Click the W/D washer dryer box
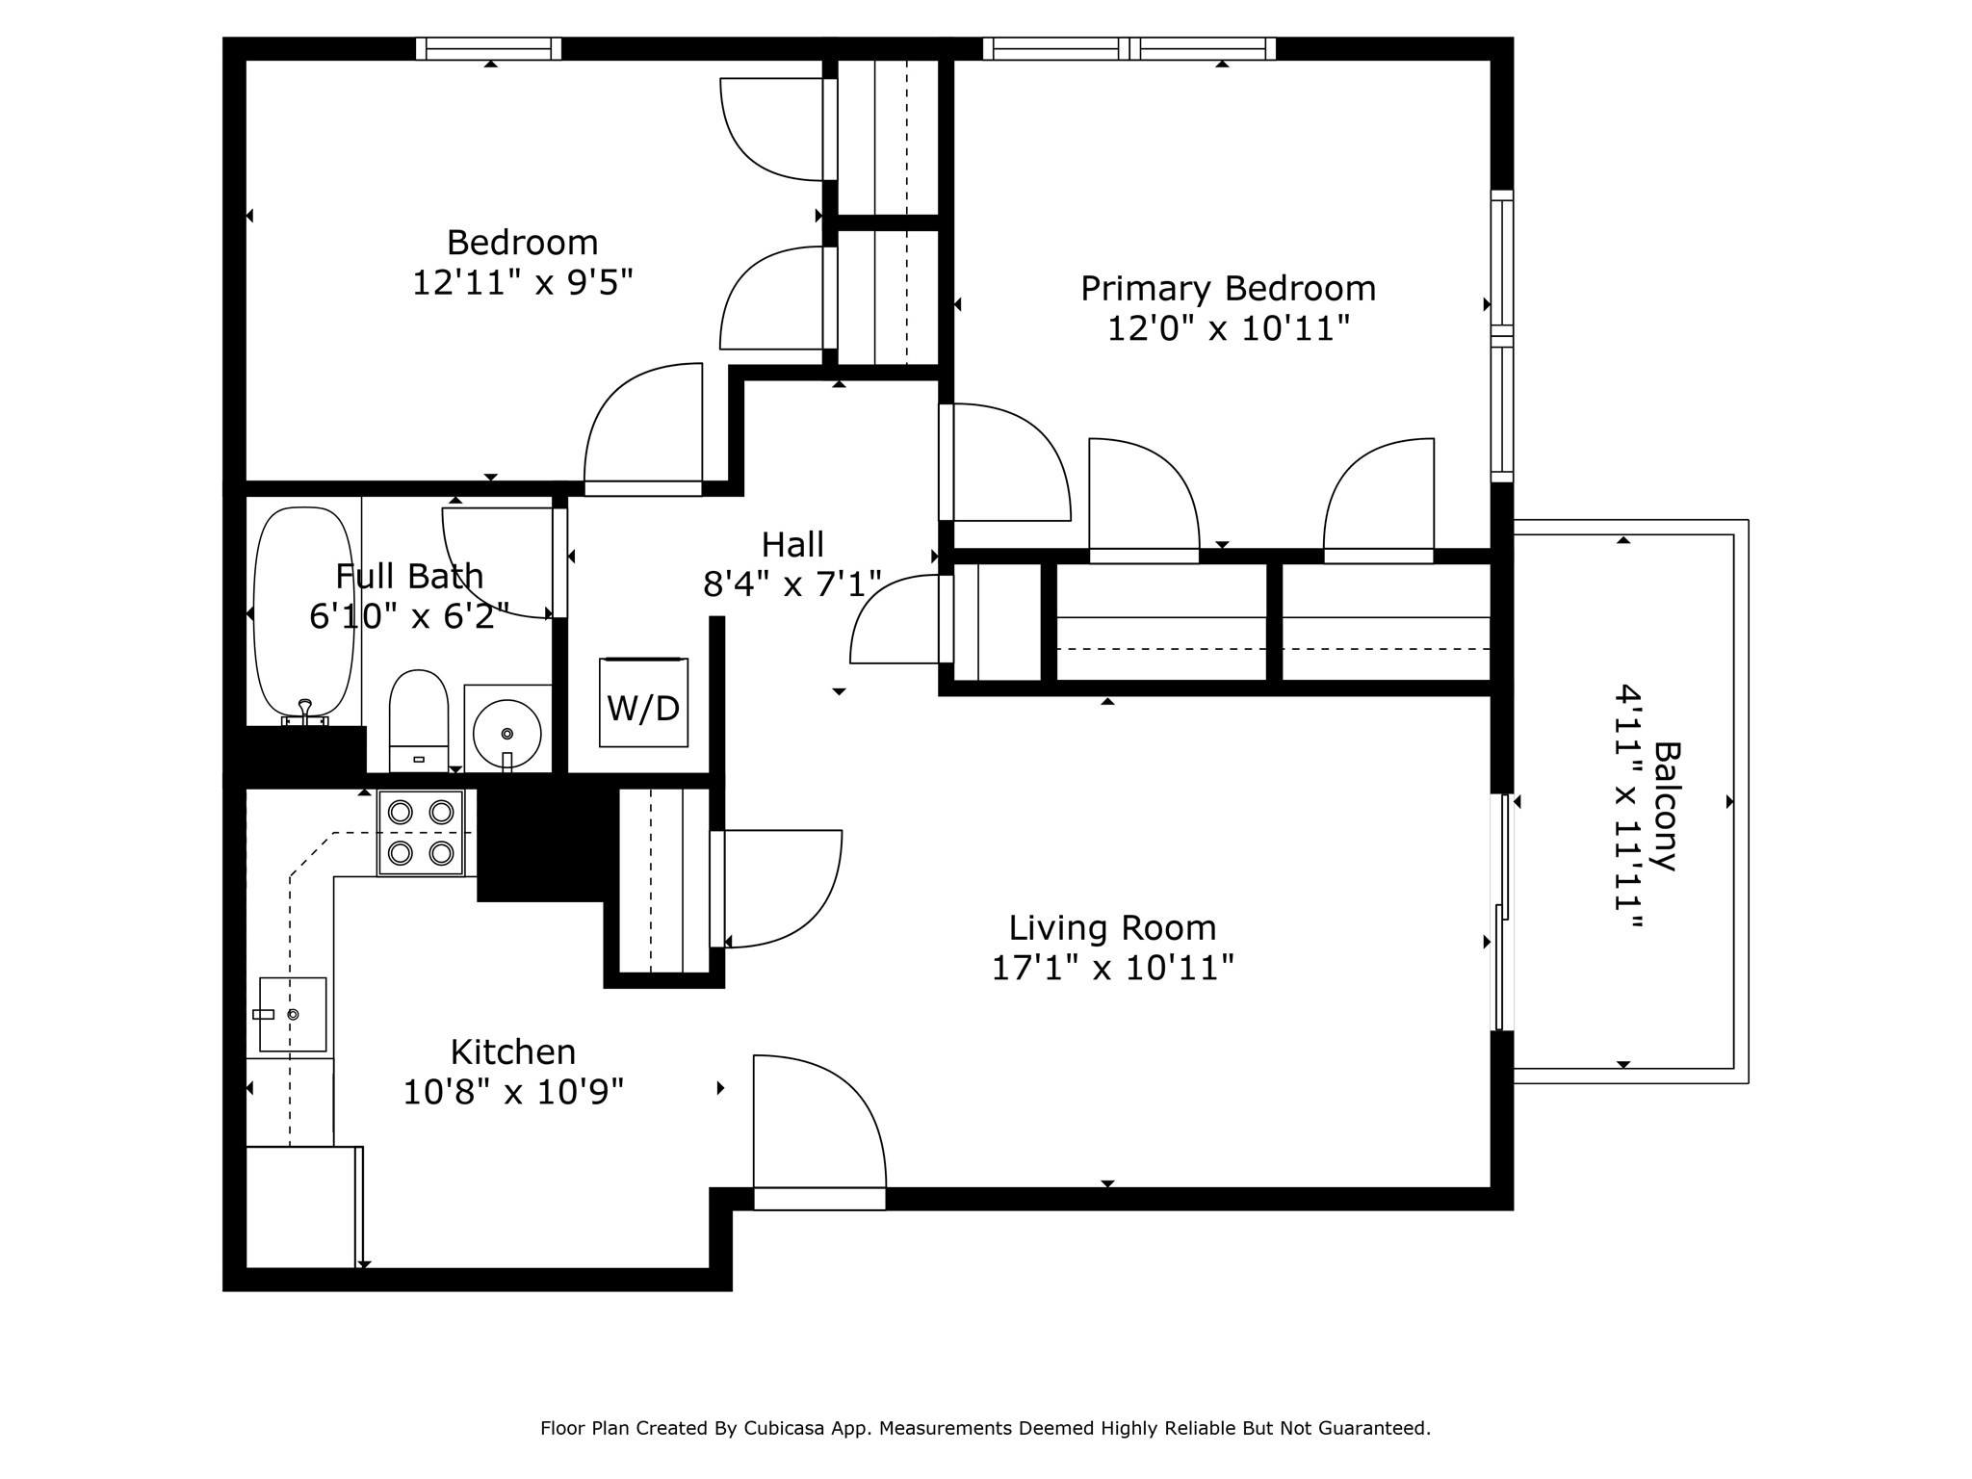coord(643,703)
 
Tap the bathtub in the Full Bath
coord(302,612)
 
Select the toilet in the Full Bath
coord(419,718)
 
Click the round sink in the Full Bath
coord(506,733)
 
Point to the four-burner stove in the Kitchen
coord(421,832)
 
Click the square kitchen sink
coord(293,1014)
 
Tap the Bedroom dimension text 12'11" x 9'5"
coord(523,283)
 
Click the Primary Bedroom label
coord(1228,288)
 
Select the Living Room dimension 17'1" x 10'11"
coord(1112,968)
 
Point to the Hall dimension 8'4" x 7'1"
coord(791,584)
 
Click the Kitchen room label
coord(513,1051)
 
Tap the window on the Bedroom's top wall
coord(489,48)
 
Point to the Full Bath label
coord(409,576)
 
